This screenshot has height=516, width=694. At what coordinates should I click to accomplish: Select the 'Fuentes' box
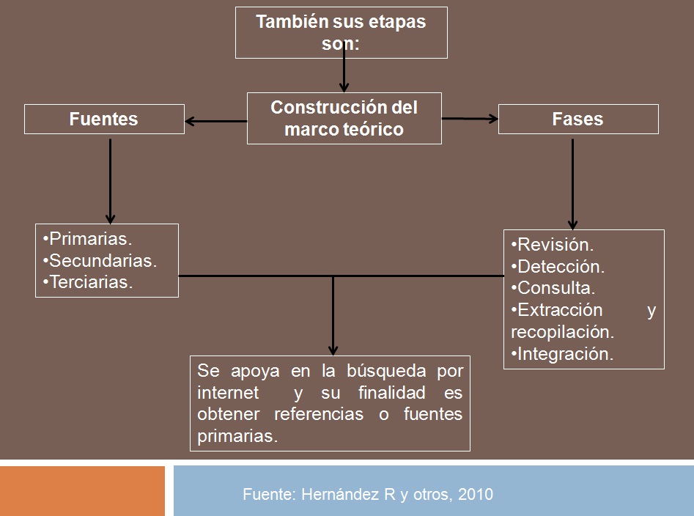coord(104,119)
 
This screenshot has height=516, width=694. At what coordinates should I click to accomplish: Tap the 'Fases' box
coord(578,119)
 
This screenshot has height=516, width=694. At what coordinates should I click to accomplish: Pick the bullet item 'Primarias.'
coord(88,238)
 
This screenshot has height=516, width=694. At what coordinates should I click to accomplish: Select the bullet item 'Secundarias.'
coord(100,261)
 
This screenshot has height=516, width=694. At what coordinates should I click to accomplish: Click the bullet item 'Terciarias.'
coord(88,282)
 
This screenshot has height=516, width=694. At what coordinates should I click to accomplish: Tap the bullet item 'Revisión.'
coord(553,245)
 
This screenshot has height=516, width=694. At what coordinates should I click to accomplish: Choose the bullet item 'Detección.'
coord(558,266)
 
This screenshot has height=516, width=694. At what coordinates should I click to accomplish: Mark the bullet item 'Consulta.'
coord(553,288)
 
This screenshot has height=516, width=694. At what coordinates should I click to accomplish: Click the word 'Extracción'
coord(560,310)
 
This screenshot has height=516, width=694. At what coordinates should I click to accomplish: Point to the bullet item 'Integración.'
coord(562,354)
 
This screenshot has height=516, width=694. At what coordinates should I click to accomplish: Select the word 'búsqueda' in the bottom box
coord(386,372)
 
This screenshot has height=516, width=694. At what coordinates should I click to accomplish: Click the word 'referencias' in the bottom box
coord(319,414)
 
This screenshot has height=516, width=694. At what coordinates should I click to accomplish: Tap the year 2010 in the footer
coord(476,494)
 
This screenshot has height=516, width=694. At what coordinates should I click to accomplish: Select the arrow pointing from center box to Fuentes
coord(216,121)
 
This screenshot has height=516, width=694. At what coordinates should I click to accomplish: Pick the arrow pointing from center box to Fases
coord(470,118)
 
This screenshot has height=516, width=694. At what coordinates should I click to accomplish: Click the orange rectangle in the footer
coord(82,491)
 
